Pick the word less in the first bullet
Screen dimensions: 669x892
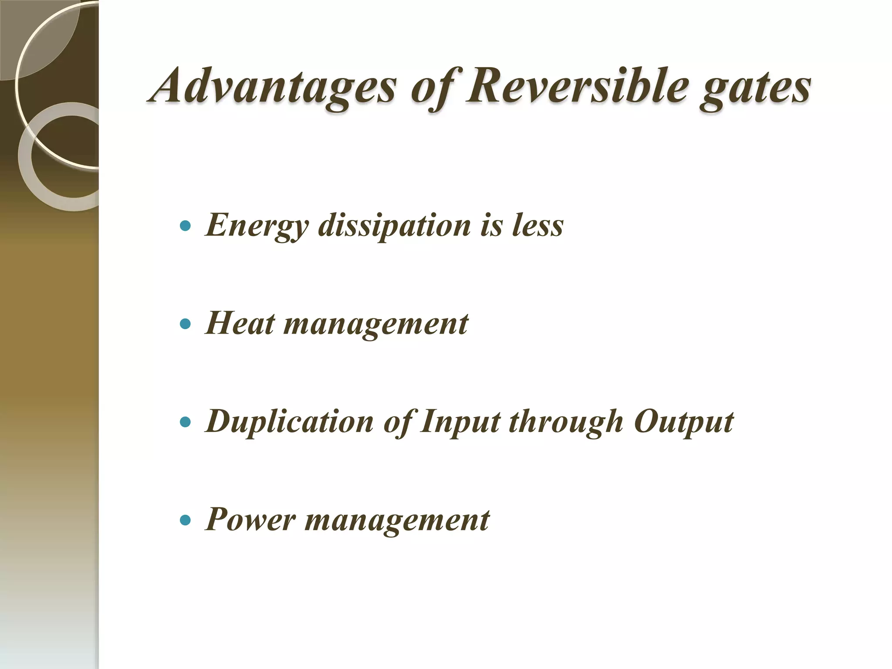click(537, 226)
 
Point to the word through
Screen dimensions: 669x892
click(567, 422)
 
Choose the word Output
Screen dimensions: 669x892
click(683, 422)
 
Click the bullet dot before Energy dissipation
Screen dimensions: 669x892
click(186, 226)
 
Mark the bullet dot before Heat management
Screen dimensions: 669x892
click(186, 324)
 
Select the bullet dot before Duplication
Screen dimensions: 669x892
click(186, 422)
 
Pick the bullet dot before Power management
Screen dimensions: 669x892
click(186, 520)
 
